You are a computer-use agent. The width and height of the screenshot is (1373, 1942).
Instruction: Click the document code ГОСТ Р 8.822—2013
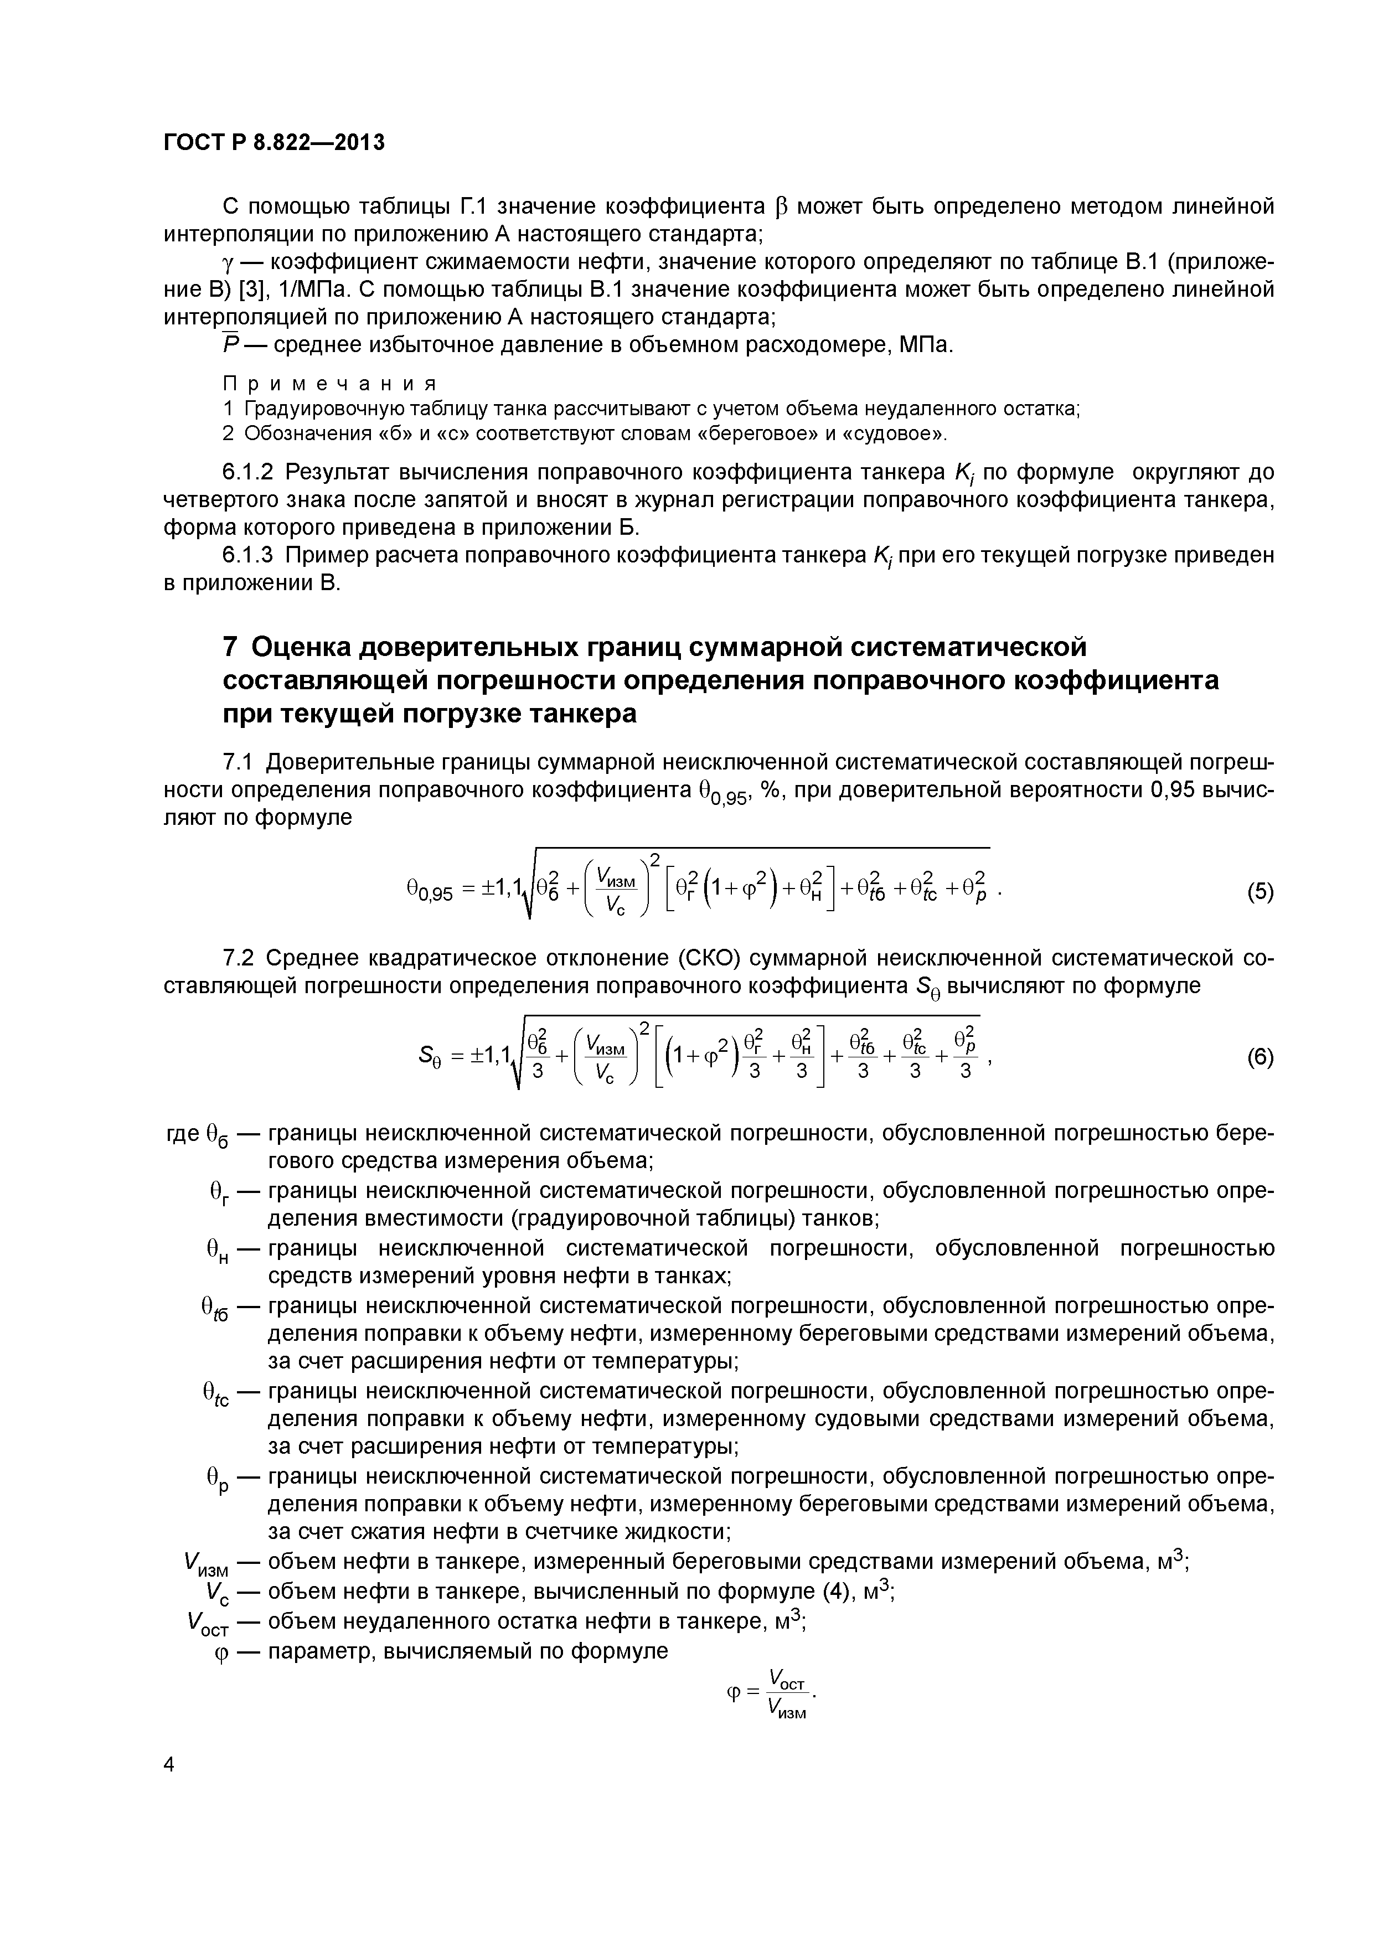click(x=274, y=143)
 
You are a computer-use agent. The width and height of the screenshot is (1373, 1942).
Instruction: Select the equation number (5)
click(x=1260, y=892)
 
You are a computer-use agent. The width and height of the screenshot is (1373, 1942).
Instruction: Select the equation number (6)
click(x=1260, y=1058)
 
